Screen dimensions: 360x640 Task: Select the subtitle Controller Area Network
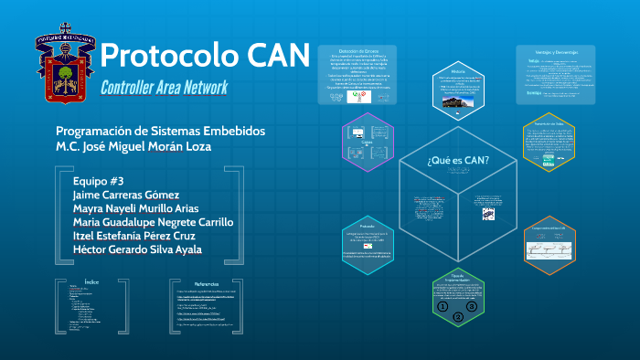165,88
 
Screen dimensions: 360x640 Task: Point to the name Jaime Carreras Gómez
125,195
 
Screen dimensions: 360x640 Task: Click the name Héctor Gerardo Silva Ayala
137,249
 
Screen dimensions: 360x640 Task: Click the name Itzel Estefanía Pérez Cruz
137,236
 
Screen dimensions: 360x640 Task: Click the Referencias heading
207,283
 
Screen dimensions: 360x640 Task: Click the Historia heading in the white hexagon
458,70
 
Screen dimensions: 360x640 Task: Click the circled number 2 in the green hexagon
458,317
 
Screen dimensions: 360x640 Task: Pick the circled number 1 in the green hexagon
443,307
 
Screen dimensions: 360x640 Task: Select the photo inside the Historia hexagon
458,102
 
